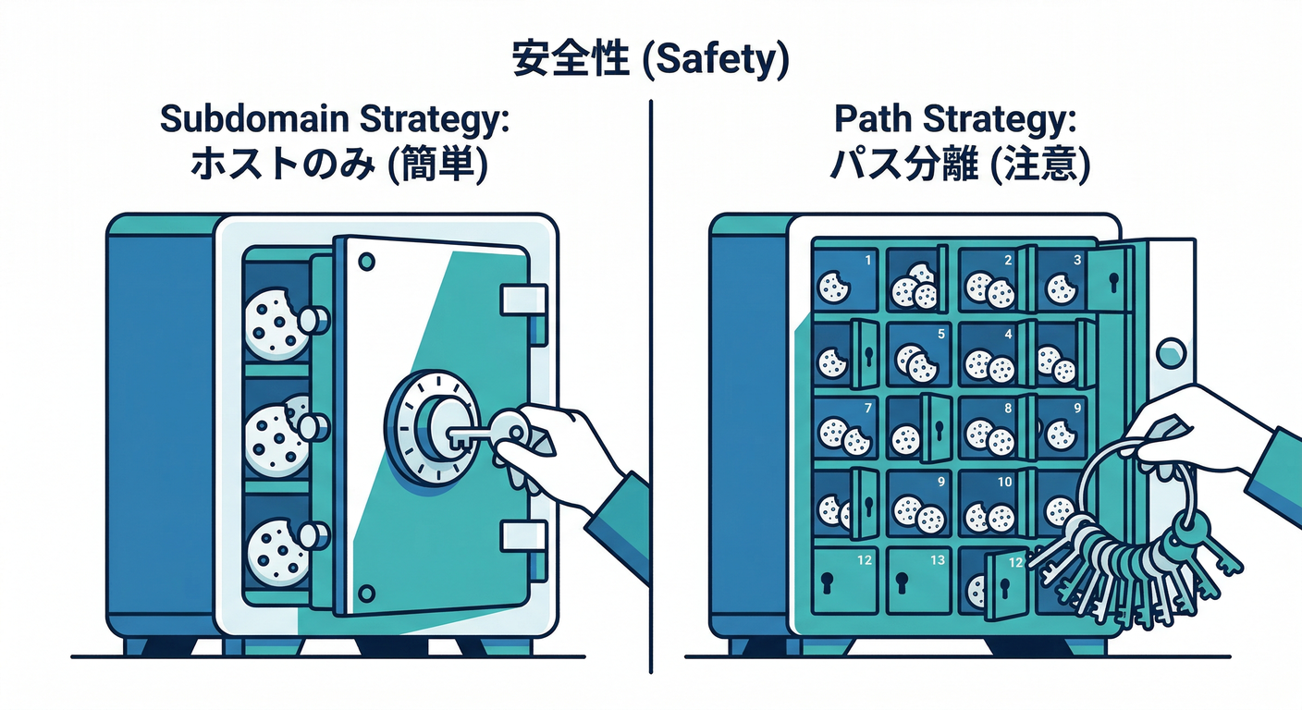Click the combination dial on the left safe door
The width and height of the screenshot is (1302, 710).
(x=427, y=427)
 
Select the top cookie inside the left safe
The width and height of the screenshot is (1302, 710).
(x=276, y=322)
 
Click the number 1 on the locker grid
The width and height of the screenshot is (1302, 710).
(x=867, y=261)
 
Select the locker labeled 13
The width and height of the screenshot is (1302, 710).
(x=937, y=560)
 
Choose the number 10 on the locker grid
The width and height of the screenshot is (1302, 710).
(x=1005, y=482)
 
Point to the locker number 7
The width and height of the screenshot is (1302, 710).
(x=866, y=408)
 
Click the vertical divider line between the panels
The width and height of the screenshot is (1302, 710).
(x=651, y=370)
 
